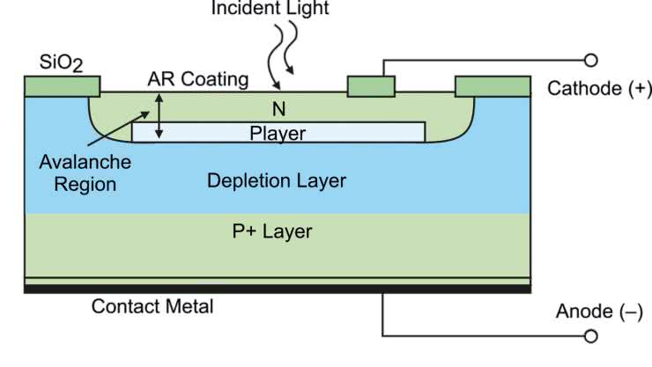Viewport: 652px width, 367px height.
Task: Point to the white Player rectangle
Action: (278, 132)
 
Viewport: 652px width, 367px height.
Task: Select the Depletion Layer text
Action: (276, 181)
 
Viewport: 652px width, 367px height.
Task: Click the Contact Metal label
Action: (152, 307)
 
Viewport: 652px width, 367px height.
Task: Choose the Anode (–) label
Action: (598, 312)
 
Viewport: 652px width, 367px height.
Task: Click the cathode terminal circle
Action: (591, 60)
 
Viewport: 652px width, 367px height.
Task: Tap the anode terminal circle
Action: (591, 335)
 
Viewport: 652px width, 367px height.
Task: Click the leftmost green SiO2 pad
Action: (62, 85)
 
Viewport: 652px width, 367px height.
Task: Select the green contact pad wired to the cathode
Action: (371, 86)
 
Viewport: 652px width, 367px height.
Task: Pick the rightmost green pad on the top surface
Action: (493, 85)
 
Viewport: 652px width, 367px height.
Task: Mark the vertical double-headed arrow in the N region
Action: (159, 116)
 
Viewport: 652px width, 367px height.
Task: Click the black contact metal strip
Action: (277, 289)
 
